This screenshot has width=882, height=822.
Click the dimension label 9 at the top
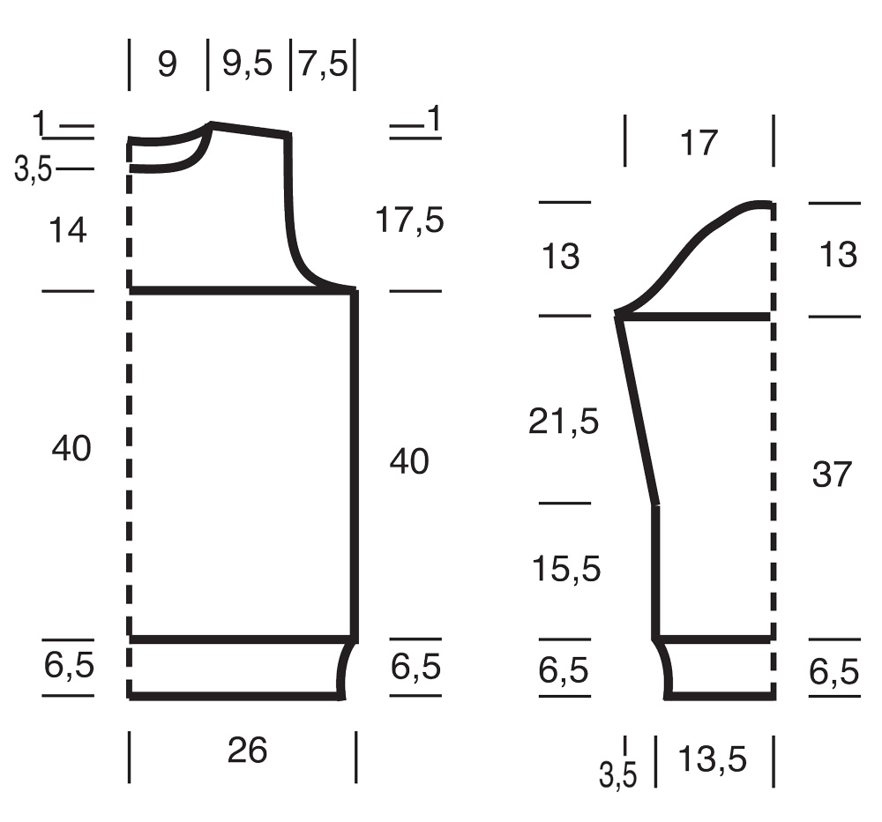167,64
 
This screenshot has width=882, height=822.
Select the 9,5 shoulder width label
248,63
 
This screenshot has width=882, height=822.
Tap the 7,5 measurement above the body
323,63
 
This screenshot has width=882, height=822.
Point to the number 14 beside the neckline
68,230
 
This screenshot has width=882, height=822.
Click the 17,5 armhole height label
409,220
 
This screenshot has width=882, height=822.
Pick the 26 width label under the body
247,750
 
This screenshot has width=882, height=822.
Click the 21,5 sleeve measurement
564,421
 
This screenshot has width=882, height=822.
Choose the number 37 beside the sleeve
832,474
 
